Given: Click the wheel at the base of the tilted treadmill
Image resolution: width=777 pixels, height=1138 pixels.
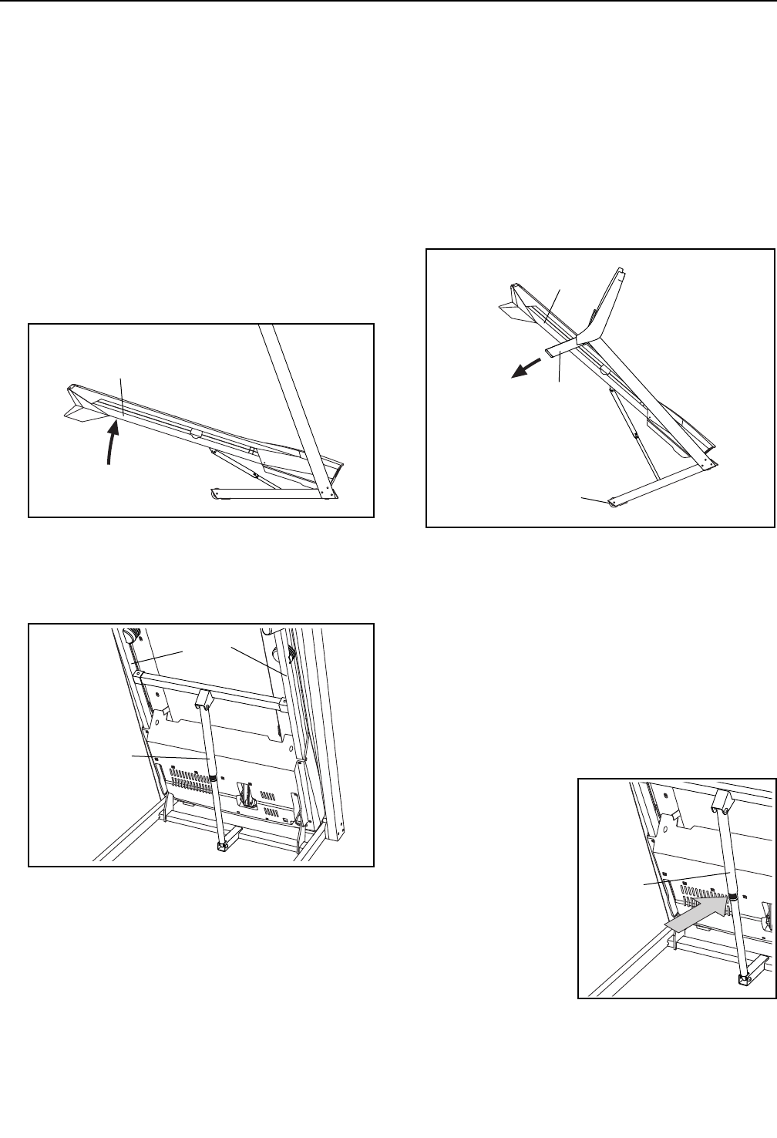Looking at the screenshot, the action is (613, 503).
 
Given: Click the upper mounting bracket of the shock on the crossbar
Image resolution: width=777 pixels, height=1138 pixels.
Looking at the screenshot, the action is (203, 700).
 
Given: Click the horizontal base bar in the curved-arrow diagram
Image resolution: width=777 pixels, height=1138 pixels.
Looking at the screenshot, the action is (270, 493).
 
